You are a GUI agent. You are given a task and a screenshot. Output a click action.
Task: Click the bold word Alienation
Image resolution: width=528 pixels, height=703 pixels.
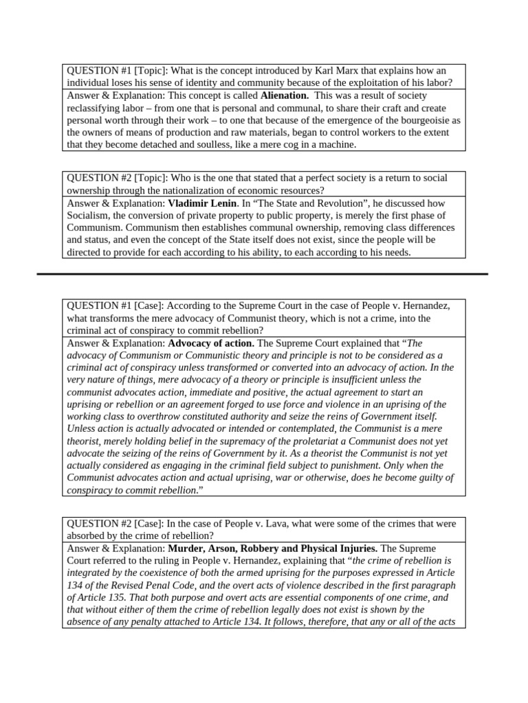(285, 95)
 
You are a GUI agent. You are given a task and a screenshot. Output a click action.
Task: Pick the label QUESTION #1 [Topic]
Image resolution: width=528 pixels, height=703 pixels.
(116, 71)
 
